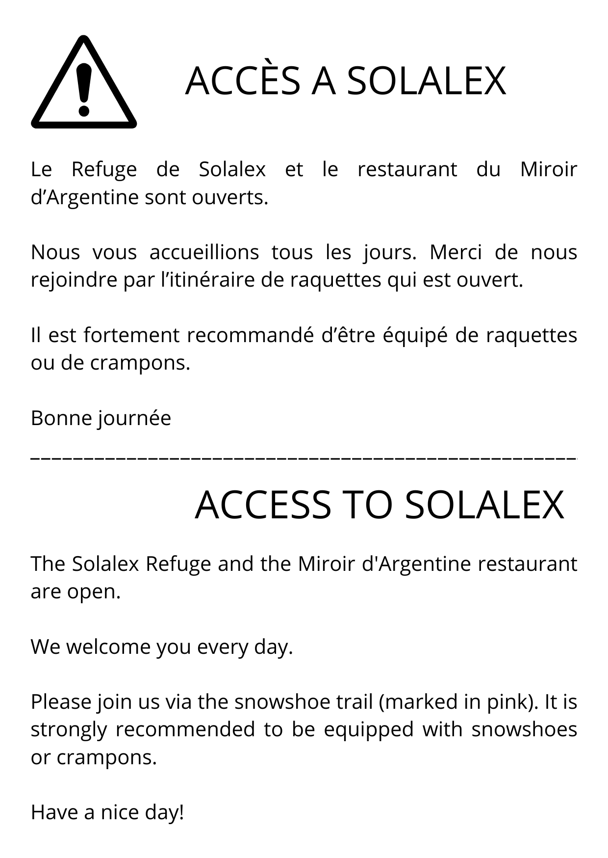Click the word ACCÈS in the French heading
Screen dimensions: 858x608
pyautogui.click(x=243, y=80)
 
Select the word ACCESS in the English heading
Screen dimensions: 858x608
pyautogui.click(x=263, y=505)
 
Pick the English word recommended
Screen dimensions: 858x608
pyautogui.click(x=185, y=729)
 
